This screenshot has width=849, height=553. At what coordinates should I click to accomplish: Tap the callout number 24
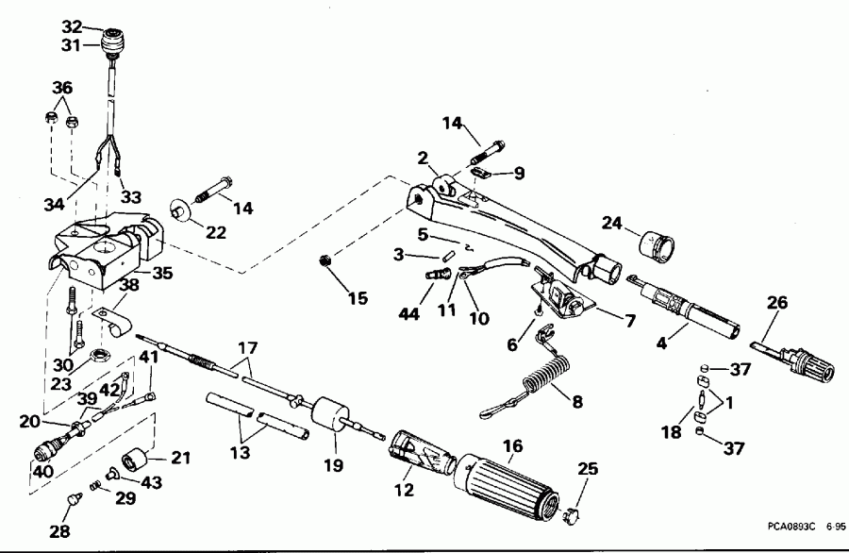point(613,224)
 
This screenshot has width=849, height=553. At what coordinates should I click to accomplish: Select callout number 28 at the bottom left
point(59,531)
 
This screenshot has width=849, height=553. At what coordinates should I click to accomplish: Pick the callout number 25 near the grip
point(589,469)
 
